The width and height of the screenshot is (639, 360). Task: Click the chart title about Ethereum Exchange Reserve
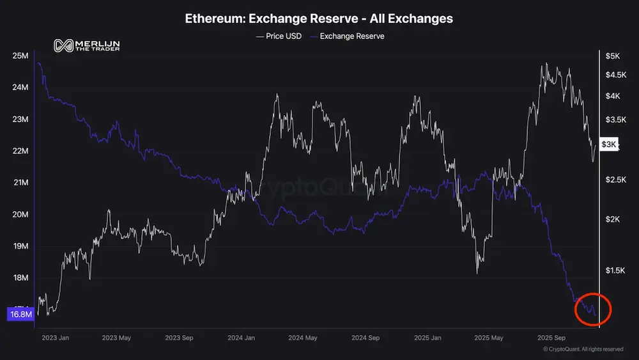pos(319,19)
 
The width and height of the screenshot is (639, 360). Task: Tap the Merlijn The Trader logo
pos(87,45)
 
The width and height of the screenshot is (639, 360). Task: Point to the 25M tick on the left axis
pos(20,56)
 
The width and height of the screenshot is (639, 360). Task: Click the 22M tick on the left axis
pos(20,151)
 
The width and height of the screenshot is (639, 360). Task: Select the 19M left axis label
pos(20,246)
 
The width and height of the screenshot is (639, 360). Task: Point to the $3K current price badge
pos(610,145)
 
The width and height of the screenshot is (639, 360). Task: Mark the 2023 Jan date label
pos(55,338)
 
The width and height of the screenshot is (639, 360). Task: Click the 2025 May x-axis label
pos(489,338)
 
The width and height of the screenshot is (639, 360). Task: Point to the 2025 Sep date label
pos(551,338)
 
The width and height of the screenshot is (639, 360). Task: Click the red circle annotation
pos(594,309)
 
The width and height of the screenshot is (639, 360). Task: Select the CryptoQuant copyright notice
pos(583,349)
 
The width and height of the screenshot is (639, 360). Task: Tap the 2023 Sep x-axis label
pos(179,338)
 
